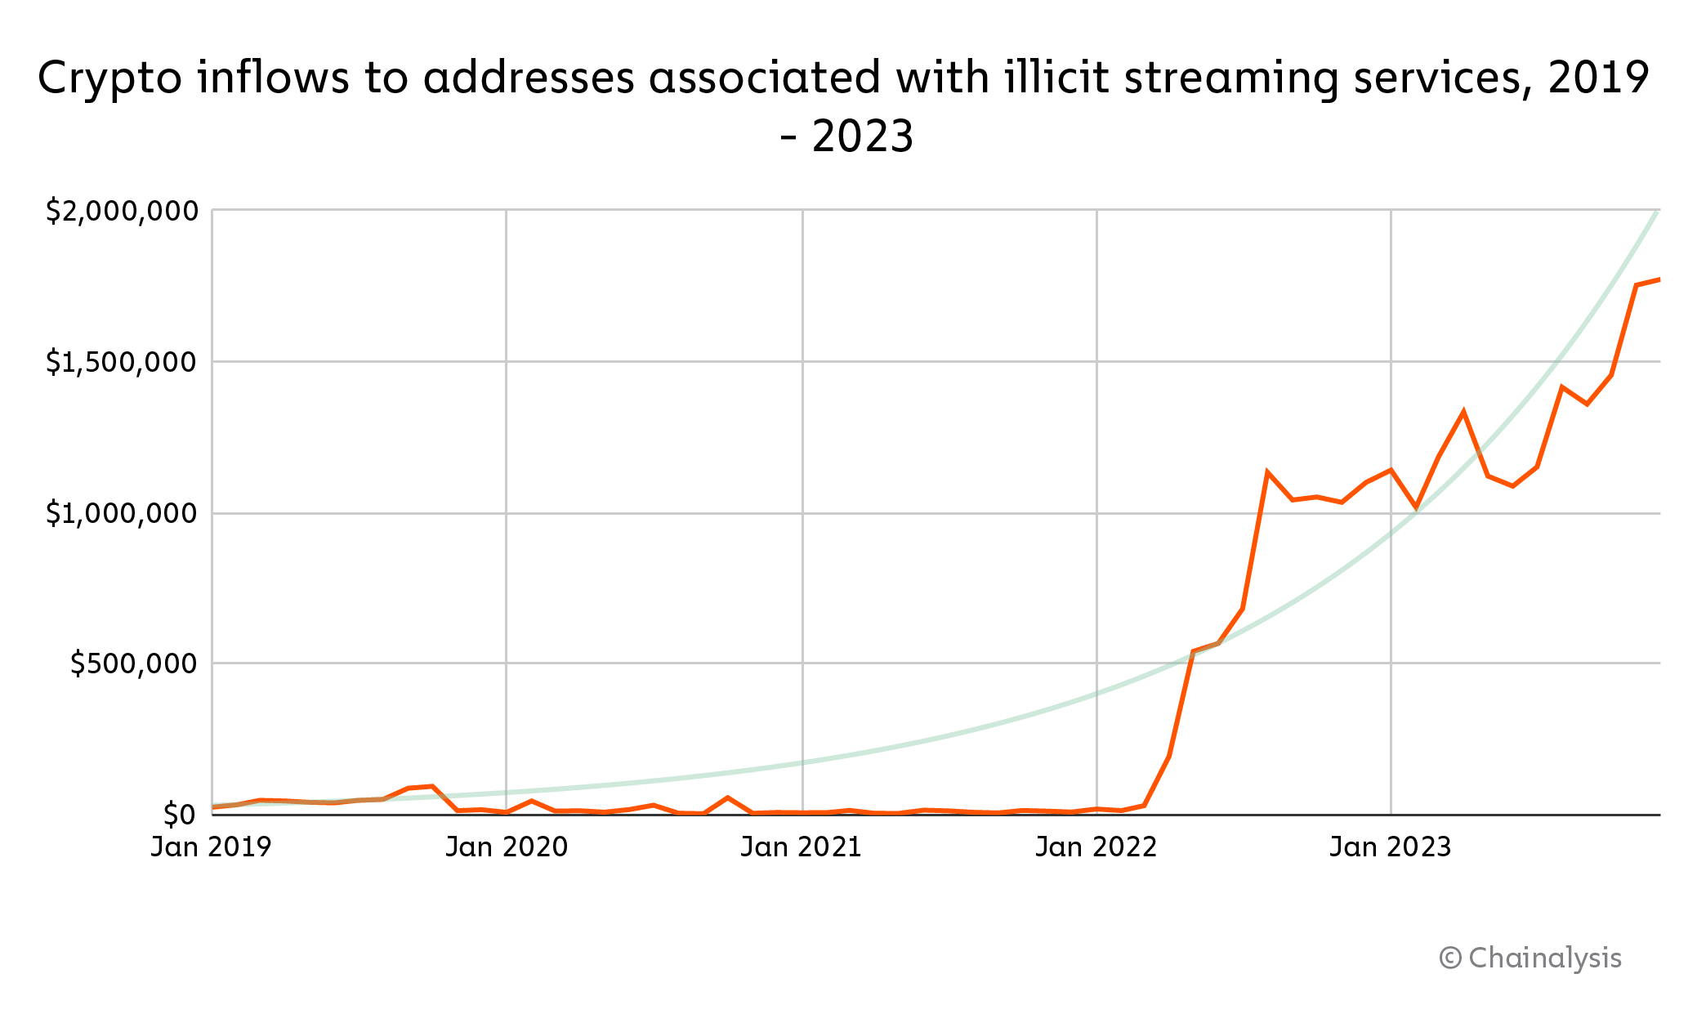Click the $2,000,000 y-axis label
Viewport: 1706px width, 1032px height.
pyautogui.click(x=122, y=212)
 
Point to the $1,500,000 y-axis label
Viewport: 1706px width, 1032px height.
pyautogui.click(x=122, y=362)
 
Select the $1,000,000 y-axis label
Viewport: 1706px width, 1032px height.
pyautogui.click(x=122, y=514)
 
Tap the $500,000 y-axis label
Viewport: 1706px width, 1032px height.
pyautogui.click(x=134, y=663)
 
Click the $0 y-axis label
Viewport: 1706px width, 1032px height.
pyautogui.click(x=179, y=815)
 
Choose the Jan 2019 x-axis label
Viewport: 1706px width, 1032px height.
pyautogui.click(x=211, y=847)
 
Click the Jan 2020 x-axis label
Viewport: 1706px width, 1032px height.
pyautogui.click(x=507, y=847)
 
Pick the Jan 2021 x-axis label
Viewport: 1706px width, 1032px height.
pyautogui.click(x=802, y=847)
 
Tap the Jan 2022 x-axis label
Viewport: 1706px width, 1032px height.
pyautogui.click(x=1096, y=847)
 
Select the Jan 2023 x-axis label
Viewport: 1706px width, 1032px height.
pyautogui.click(x=1391, y=847)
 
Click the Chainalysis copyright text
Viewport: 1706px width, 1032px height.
pyautogui.click(x=1530, y=958)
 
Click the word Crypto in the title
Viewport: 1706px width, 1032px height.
pyautogui.click(x=109, y=79)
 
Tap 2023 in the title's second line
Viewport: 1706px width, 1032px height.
pyautogui.click(x=863, y=136)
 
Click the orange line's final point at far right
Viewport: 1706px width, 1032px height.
pyautogui.click(x=1659, y=279)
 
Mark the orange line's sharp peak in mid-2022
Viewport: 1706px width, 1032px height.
pyautogui.click(x=1267, y=472)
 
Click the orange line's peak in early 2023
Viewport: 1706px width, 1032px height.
pyautogui.click(x=1463, y=412)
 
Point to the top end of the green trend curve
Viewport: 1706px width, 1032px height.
pyautogui.click(x=1656, y=212)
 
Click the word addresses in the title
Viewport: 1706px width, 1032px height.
pyautogui.click(x=529, y=79)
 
